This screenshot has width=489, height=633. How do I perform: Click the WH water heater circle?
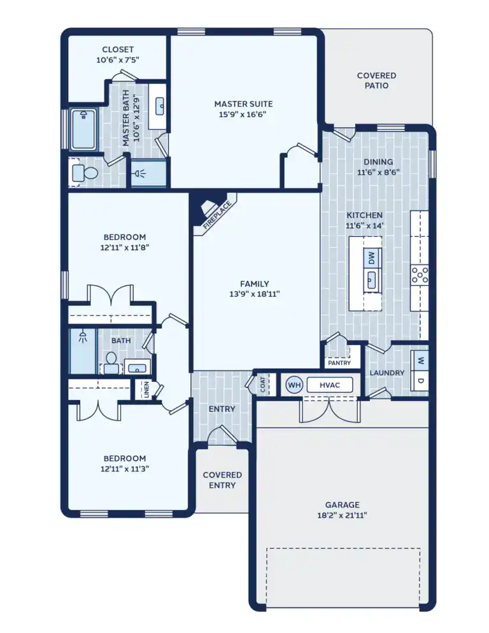pos(294,385)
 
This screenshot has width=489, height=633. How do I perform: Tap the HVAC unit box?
pos(329,385)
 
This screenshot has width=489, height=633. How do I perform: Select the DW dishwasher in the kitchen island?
pos(372,258)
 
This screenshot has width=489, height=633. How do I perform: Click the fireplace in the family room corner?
pos(211,210)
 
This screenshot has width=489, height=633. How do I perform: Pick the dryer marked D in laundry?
pos(420,380)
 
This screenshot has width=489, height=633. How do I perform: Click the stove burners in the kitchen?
pos(420,274)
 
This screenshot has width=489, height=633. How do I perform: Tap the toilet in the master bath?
pos(83,173)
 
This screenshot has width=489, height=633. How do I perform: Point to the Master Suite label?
pos(243,104)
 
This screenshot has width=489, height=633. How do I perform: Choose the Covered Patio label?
pos(377,80)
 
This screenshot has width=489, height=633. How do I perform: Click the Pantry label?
pos(339,363)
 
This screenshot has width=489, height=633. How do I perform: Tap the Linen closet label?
pos(146,389)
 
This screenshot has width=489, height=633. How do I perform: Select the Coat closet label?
pos(263,385)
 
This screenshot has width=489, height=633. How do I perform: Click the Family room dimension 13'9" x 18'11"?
pos(254,294)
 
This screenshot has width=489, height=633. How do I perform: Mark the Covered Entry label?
pos(222,480)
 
